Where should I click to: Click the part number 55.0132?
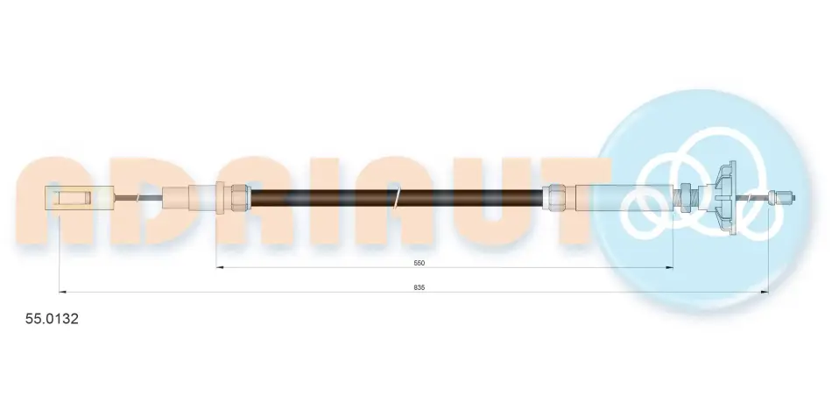pos(53,319)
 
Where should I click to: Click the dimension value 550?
pos(420,263)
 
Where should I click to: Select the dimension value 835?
pos(420,287)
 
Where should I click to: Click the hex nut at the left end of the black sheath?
pos(239,197)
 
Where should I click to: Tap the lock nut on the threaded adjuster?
pos(685,197)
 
